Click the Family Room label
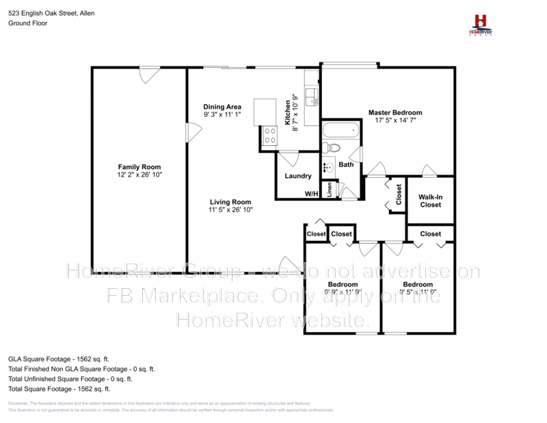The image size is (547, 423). tap(139, 167)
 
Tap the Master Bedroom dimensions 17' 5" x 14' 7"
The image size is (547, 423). tap(395, 120)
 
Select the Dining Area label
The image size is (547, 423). tap(222, 107)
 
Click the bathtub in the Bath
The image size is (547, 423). tap(341, 129)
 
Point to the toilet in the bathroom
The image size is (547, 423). tap(332, 147)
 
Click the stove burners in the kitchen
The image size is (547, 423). tap(269, 136)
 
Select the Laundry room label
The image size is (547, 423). tap(297, 176)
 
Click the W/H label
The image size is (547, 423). tap(312, 194)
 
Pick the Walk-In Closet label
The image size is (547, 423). tap(430, 201)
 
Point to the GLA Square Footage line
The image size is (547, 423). tap(58, 358)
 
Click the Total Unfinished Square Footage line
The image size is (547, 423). tap(70, 379)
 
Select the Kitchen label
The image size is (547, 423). tap(288, 112)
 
